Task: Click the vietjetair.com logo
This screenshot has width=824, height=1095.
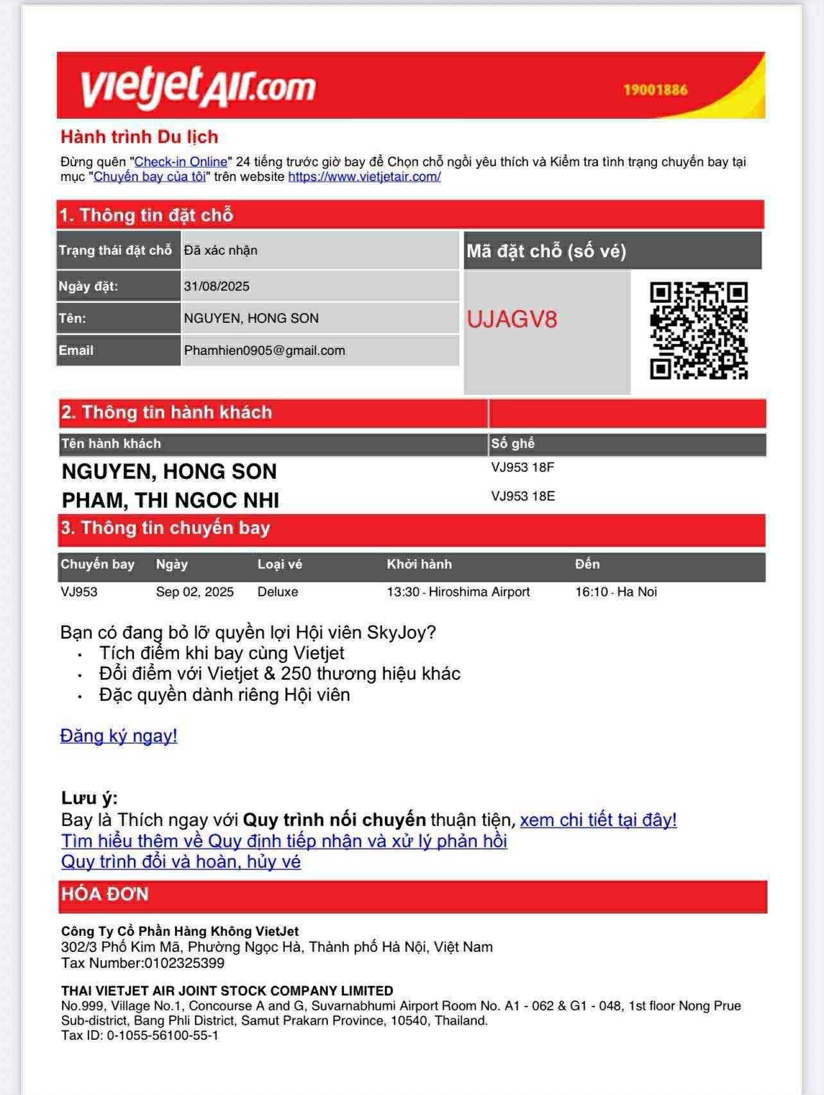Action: pos(198,87)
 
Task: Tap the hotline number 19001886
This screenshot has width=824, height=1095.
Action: pos(655,90)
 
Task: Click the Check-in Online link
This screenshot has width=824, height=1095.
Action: pos(181,162)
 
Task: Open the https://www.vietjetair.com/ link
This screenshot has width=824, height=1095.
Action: pos(364,177)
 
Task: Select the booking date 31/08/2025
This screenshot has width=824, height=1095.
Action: pos(216,286)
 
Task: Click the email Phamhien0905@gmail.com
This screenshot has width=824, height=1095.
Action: pos(264,350)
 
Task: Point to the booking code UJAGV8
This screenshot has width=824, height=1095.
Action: pos(511,319)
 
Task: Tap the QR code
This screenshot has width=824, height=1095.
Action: pos(698,330)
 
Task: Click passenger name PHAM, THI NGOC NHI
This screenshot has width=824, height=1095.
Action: pos(170,500)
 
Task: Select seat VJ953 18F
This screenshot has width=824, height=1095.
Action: pos(522,467)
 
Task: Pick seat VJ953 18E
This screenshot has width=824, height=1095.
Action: pos(522,496)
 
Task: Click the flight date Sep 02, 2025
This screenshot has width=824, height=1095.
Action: pos(194,592)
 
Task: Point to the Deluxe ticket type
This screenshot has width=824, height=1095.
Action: pos(277,592)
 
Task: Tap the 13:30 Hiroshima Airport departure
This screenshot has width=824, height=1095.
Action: pos(458,592)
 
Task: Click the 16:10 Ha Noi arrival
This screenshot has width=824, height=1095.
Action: pos(615,592)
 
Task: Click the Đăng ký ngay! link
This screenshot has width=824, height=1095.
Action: pos(119,736)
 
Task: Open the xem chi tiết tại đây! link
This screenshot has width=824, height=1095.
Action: pos(597,820)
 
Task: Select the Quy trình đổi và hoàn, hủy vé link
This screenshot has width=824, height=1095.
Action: pos(181,861)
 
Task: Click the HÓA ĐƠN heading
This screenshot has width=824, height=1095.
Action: pos(105,894)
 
